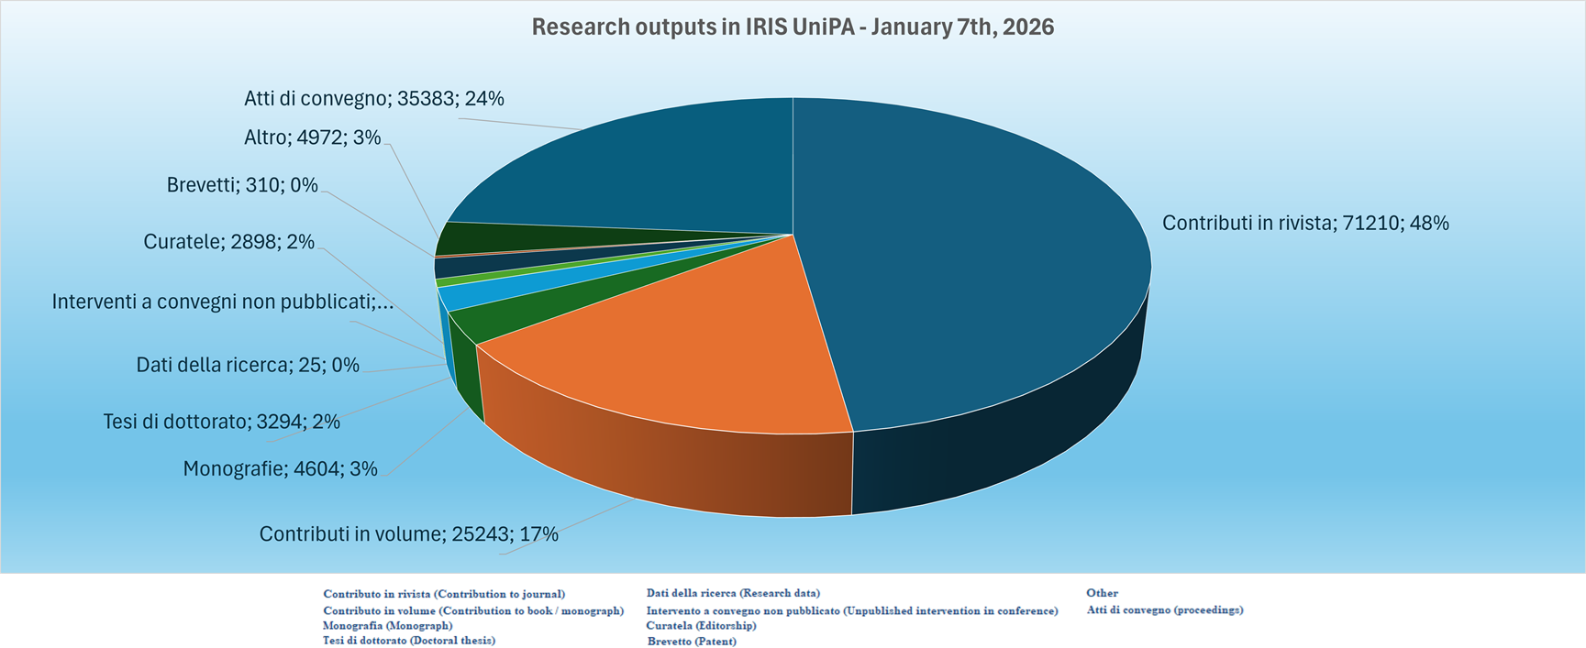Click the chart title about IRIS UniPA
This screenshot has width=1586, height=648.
[x=793, y=27]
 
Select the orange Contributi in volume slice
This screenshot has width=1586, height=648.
[x=697, y=339]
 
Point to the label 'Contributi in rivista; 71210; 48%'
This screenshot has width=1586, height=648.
[x=1305, y=223]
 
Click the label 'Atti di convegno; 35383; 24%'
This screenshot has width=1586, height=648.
[x=374, y=98]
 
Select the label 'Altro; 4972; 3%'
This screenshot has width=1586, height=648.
[x=312, y=137]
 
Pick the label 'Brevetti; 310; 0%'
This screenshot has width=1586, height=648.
[x=242, y=185]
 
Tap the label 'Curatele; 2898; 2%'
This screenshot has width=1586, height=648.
[x=228, y=242]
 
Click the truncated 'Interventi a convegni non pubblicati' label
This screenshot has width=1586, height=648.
[x=223, y=302]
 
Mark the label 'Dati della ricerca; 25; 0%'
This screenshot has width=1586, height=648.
[x=248, y=365]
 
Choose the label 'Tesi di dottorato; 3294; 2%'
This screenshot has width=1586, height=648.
[x=221, y=422]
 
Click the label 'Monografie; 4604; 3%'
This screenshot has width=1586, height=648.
[x=280, y=468]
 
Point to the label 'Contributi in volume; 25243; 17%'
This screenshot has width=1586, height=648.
[x=408, y=533]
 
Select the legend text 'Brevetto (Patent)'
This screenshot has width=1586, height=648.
[x=692, y=641]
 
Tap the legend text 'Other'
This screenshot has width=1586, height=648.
[x=1102, y=593]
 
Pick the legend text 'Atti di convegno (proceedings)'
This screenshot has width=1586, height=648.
[x=1164, y=610]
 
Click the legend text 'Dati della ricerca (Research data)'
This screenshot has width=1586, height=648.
[x=733, y=593]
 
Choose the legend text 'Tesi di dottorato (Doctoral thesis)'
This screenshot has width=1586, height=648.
[x=408, y=640]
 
